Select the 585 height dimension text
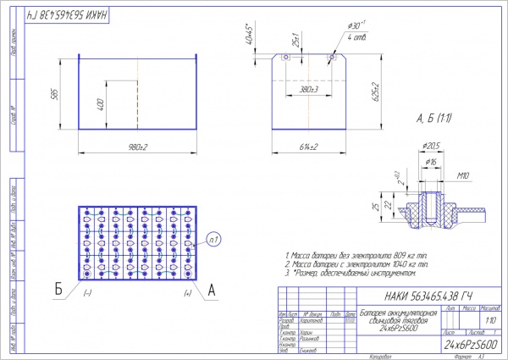54,94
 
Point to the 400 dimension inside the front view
101,104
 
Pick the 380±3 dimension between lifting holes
308,88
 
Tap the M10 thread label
462,176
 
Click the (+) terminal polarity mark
185,294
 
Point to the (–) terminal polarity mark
87,294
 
